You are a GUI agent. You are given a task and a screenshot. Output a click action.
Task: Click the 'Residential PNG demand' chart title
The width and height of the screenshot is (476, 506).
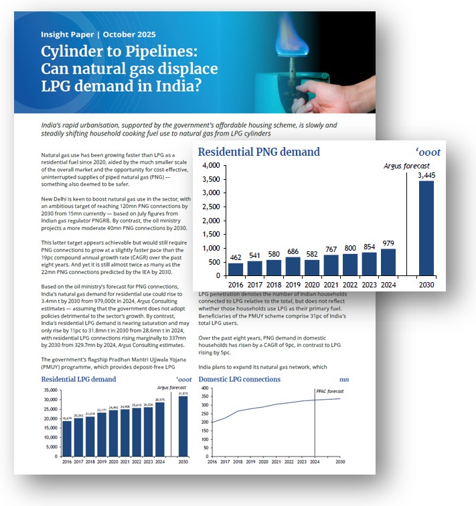click(258, 152)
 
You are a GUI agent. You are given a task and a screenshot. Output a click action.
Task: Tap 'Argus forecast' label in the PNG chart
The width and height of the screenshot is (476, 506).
click(406, 166)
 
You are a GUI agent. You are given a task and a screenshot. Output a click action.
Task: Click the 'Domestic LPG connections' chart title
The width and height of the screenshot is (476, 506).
click(240, 379)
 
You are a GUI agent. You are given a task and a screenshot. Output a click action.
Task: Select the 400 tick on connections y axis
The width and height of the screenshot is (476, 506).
click(205, 388)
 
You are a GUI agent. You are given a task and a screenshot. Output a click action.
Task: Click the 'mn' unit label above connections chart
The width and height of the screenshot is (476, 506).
click(343, 379)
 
